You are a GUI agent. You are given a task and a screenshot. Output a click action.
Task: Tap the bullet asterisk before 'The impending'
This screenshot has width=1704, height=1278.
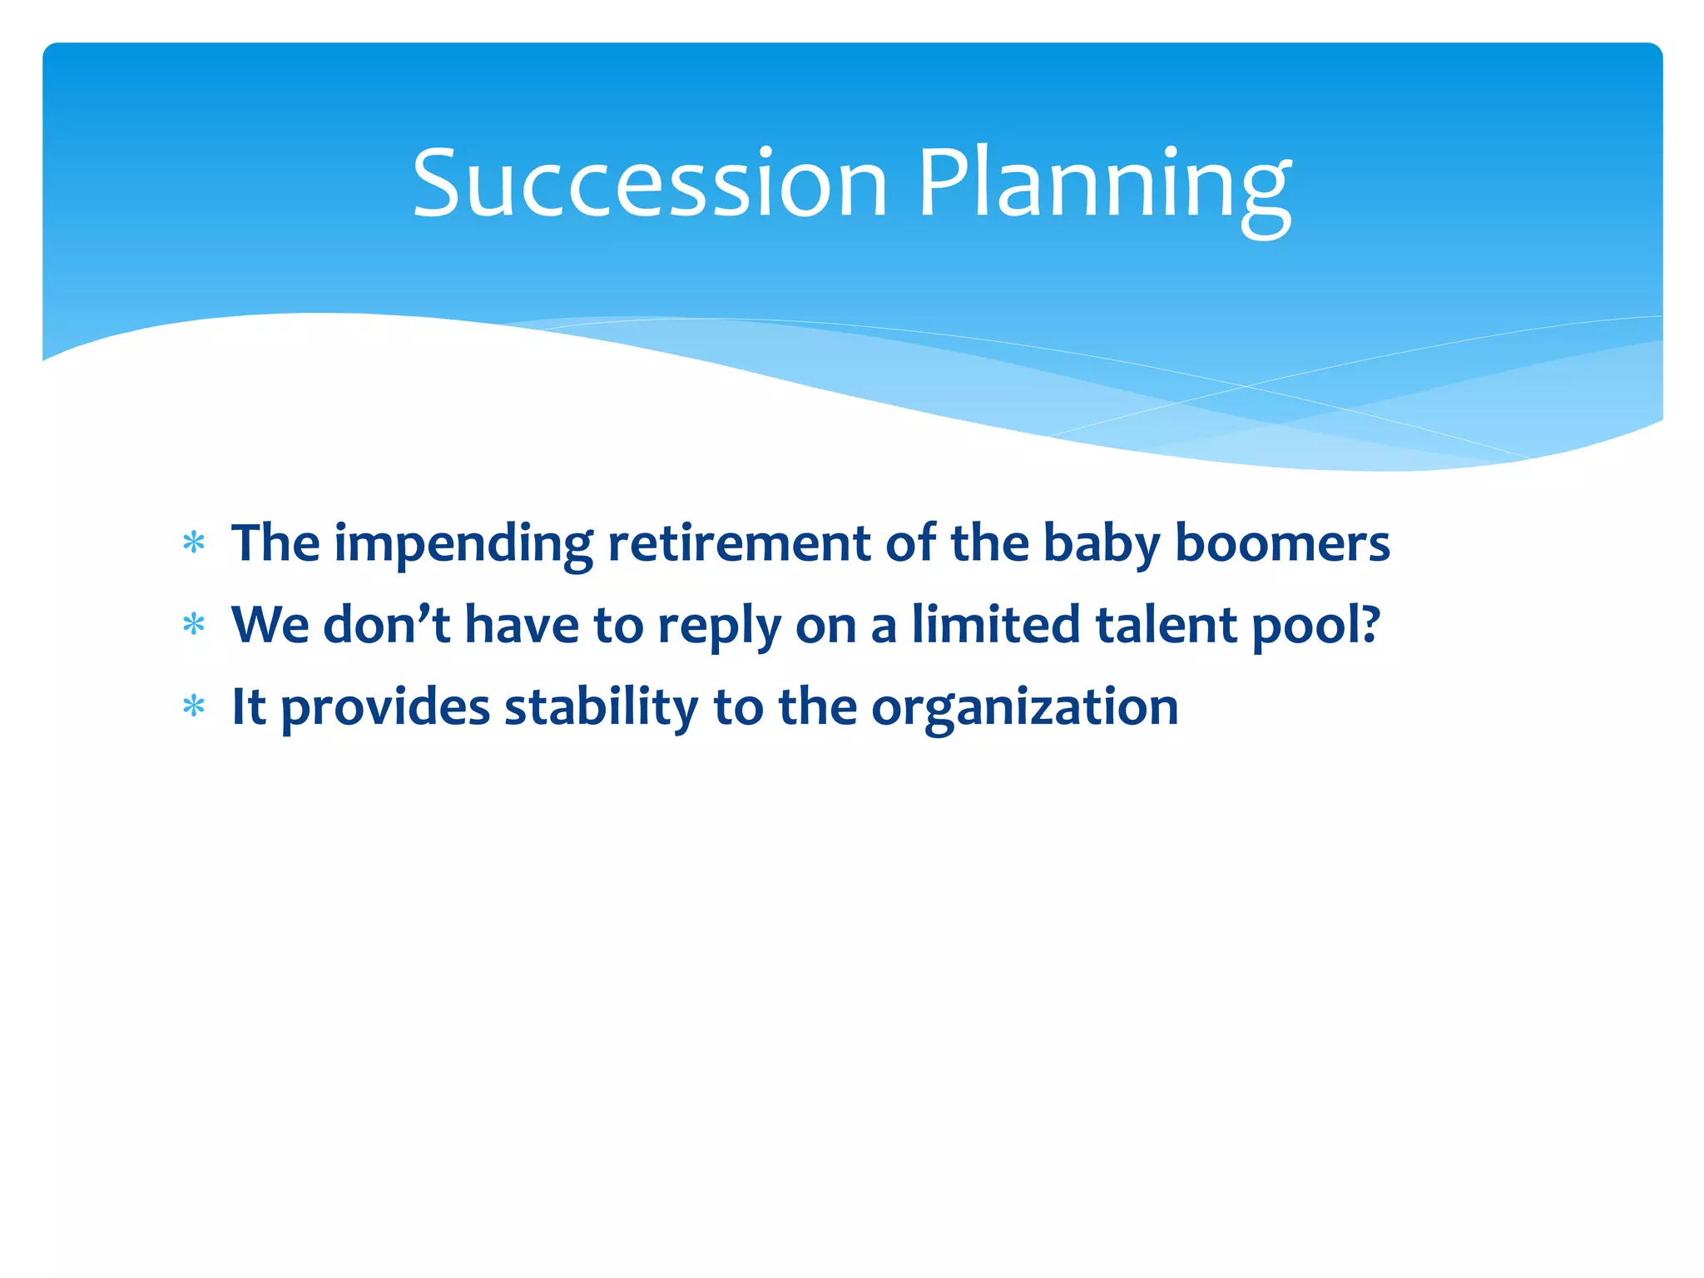pos(194,543)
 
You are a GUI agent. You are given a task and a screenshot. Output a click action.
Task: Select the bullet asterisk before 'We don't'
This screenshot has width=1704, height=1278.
pos(194,625)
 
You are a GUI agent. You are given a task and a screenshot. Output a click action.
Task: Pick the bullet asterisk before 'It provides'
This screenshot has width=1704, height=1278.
pos(194,707)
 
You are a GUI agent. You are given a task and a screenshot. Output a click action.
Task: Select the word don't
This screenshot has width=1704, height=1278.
pos(386,624)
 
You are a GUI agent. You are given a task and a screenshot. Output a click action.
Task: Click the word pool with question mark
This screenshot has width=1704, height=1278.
pos(1315,626)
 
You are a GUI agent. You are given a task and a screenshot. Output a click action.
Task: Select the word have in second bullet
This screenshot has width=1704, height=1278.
pos(522,624)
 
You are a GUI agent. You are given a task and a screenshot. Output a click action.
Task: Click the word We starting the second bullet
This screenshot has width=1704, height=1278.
pos(270,624)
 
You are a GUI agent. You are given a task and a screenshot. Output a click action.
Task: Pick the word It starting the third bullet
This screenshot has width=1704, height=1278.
pos(248,707)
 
